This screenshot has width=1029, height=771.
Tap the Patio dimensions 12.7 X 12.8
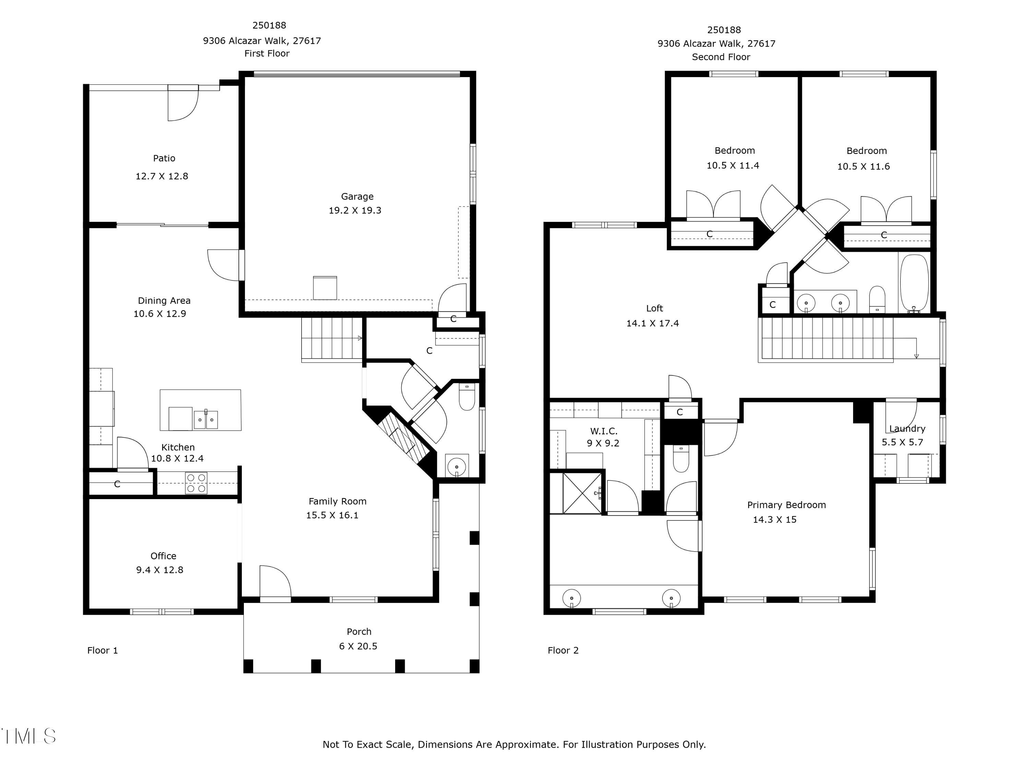[162, 176]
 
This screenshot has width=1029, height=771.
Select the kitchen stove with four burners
[196, 483]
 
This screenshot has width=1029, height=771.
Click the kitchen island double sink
[205, 420]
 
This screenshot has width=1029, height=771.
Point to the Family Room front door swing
[275, 581]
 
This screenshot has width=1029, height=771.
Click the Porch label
[359, 631]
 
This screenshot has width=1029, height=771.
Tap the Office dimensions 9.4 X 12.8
[159, 570]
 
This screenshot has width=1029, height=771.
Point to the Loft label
[654, 308]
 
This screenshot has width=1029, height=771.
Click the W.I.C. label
[603, 431]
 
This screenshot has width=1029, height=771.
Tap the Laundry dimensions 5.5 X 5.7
[902, 442]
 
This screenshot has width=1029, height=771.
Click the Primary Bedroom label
[786, 505]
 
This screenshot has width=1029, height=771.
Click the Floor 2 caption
[563, 650]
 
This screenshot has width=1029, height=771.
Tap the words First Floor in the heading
[267, 53]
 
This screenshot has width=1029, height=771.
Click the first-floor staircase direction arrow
[359, 338]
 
